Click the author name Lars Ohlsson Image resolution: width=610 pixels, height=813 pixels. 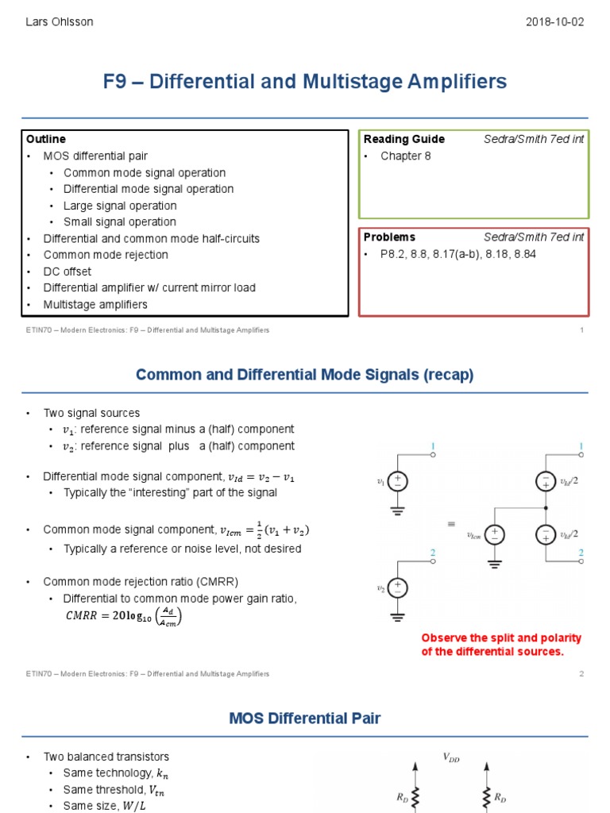tap(60, 21)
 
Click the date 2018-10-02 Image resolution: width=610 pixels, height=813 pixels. tap(554, 21)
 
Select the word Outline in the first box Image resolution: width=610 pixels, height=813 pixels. tap(46, 139)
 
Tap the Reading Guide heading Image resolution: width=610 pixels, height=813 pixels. tap(403, 139)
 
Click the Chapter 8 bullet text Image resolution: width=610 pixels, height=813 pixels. tap(405, 156)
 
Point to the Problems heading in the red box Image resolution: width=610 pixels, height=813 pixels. tap(389, 237)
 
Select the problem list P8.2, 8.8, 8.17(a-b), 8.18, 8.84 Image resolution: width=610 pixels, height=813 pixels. tap(458, 254)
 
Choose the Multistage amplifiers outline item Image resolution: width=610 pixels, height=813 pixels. tap(95, 304)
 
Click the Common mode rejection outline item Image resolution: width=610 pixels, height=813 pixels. tap(106, 255)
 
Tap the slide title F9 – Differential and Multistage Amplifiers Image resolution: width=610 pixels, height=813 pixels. tap(305, 82)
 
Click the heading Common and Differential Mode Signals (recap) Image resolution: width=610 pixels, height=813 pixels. tap(305, 375)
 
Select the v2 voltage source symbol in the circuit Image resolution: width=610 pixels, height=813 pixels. tap(398, 588)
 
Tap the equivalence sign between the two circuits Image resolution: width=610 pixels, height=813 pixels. tap(452, 525)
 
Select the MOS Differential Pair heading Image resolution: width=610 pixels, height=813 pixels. tap(305, 719)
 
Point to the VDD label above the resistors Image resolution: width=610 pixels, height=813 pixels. tap(450, 757)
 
